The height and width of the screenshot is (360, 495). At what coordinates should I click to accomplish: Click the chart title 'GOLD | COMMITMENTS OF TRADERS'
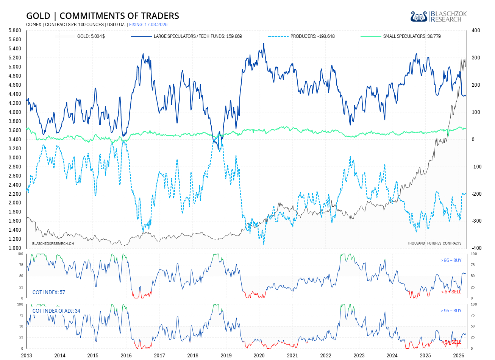click(x=102, y=16)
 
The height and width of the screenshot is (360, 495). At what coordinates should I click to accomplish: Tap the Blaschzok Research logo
click(x=439, y=17)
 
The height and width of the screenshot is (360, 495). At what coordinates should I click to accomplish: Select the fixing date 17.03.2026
click(x=148, y=25)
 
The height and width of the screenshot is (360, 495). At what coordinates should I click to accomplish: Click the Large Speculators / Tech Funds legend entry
click(x=187, y=36)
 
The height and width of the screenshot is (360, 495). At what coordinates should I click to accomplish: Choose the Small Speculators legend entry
click(x=400, y=36)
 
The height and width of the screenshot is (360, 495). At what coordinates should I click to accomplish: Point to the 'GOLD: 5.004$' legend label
click(x=91, y=36)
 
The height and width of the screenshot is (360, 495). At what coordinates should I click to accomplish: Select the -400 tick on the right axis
click(x=476, y=248)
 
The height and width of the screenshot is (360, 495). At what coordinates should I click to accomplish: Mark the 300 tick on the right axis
click(x=476, y=58)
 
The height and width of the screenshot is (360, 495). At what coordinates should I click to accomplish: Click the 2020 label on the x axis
click(x=259, y=355)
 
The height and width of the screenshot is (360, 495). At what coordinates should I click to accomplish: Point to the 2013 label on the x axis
click(x=27, y=355)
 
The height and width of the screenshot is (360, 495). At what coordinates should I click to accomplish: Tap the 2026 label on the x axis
click(x=459, y=355)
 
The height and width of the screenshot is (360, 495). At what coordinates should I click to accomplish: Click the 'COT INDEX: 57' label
click(x=49, y=292)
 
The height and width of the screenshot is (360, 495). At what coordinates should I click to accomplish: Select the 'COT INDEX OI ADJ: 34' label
click(x=56, y=311)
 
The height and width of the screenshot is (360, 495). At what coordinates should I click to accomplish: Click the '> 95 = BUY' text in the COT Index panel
click(x=451, y=260)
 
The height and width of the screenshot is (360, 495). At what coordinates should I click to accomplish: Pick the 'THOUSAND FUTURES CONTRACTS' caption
click(x=434, y=243)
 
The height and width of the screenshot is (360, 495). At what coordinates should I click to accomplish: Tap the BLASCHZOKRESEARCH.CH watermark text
click(x=53, y=243)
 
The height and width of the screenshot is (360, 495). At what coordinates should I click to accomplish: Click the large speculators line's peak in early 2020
click(x=264, y=44)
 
